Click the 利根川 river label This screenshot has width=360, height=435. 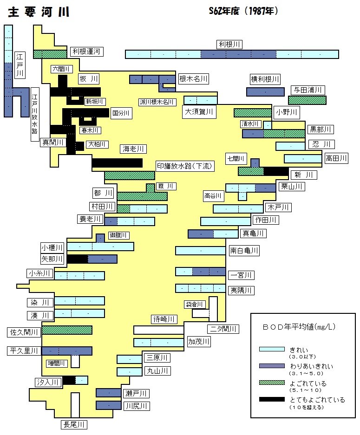pyautogui.click(x=229, y=45)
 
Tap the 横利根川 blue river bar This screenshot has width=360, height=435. pyautogui.click(x=265, y=92)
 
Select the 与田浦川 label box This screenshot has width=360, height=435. pyautogui.click(x=308, y=90)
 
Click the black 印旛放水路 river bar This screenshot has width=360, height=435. pyautogui.click(x=117, y=163)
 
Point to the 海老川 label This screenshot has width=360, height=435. pyautogui.click(x=133, y=149)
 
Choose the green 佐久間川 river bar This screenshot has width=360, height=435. pyautogui.click(x=67, y=330)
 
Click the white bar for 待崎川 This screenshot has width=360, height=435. pyautogui.click(x=159, y=330)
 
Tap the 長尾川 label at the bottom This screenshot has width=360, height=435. pyautogui.click(x=74, y=424)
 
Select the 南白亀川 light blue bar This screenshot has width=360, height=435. pyautogui.click(x=200, y=251)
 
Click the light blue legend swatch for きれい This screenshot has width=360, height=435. pyautogui.click(x=272, y=349)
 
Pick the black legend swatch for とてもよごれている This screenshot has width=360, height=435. pyautogui.click(x=272, y=400)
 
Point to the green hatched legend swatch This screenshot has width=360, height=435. pyautogui.click(x=272, y=383)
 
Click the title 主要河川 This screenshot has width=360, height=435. pyautogui.click(x=39, y=12)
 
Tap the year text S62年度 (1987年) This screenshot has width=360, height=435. pyautogui.click(x=243, y=11)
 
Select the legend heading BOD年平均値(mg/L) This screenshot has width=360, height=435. pyautogui.click(x=299, y=327)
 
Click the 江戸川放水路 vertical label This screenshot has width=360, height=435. pyautogui.click(x=35, y=114)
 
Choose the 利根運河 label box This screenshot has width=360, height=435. pyautogui.click(x=86, y=52)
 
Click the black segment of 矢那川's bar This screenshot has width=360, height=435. pyautogui.click(x=78, y=259)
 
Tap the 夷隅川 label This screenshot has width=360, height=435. pyautogui.click(x=241, y=291)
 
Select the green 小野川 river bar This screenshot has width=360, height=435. pyautogui.click(x=253, y=113)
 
